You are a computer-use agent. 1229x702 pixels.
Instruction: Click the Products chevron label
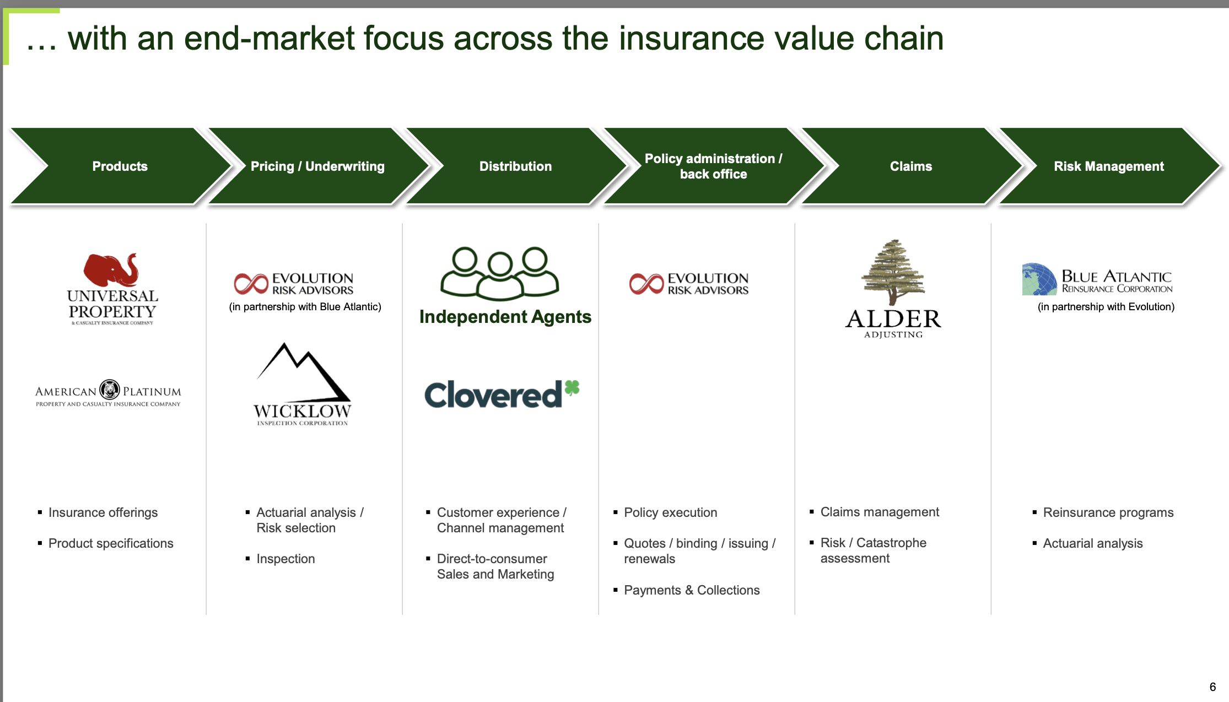pos(120,166)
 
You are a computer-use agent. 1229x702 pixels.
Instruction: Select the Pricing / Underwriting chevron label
pos(317,166)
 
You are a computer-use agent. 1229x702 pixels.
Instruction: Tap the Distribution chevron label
pos(515,166)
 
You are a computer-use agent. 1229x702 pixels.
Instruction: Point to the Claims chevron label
pos(910,166)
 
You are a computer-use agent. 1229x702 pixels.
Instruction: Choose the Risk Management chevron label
pos(1108,166)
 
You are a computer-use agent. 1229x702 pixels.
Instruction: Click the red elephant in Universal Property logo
pos(110,270)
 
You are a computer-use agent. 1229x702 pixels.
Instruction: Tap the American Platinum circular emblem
pos(110,390)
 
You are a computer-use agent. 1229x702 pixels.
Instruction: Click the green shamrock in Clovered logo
pos(572,388)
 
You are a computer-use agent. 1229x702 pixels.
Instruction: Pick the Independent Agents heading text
pos(505,317)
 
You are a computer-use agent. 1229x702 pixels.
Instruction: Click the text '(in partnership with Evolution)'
pos(1106,307)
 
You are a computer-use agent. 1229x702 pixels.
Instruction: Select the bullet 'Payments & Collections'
pos(691,590)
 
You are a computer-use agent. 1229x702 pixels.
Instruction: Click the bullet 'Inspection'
pos(285,559)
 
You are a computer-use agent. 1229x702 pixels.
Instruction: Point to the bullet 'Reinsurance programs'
pos(1108,512)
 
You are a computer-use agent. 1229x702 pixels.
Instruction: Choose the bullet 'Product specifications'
pos(111,543)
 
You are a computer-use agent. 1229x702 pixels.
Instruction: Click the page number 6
pos(1212,687)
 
